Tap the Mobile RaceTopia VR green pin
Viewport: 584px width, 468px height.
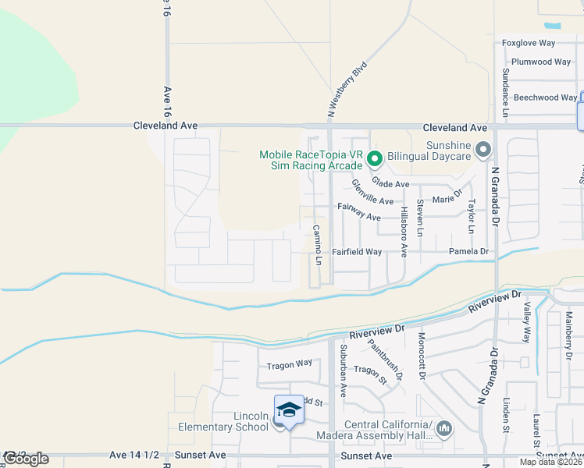point(374,159)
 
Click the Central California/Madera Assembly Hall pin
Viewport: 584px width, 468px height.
point(444,428)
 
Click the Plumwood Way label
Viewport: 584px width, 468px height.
point(540,62)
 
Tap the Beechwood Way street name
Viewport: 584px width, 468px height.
point(546,97)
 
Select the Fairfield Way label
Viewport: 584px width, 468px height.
point(356,252)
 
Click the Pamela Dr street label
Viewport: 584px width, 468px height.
point(468,251)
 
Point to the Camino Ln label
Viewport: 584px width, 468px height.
point(318,244)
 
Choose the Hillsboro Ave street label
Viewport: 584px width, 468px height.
point(404,232)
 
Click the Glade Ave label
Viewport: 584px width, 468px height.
point(390,183)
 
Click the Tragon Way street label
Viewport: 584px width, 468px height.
point(289,363)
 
